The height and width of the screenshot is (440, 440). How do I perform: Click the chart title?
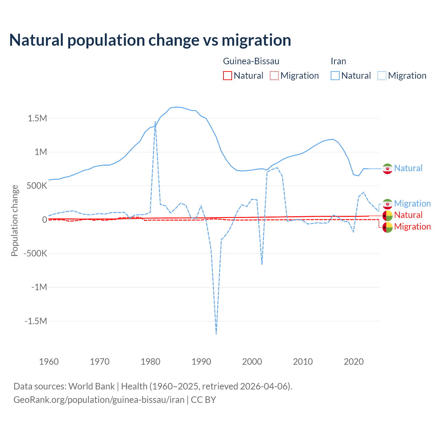[150, 40]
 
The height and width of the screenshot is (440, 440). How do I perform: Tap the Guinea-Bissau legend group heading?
[251, 61]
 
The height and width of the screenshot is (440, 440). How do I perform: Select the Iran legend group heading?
[338, 61]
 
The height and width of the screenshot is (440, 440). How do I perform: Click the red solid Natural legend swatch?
[228, 76]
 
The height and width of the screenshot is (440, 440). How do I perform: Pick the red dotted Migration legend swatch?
[274, 76]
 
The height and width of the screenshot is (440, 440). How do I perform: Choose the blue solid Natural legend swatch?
[335, 76]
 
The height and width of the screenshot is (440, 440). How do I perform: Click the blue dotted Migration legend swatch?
[382, 76]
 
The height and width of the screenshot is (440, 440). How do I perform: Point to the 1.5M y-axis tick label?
[37, 119]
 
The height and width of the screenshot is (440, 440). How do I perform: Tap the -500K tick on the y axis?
[35, 254]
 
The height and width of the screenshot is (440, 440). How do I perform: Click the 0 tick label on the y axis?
[44, 220]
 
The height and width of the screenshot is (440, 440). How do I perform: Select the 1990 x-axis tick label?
[201, 362]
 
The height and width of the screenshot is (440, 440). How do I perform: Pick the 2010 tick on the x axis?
[303, 362]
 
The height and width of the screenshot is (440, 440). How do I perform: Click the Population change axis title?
[14, 220]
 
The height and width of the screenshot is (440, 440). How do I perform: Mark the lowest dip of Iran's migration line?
[216, 333]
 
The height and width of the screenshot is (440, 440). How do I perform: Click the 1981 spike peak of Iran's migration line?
[155, 122]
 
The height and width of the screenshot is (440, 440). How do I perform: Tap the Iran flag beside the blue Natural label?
[387, 168]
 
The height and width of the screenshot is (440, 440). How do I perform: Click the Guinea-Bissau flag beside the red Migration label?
[387, 227]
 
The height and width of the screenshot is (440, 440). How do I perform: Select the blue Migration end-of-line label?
[412, 203]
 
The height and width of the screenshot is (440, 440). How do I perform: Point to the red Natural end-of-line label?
[408, 215]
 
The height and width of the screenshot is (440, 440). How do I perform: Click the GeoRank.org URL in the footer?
[99, 400]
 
